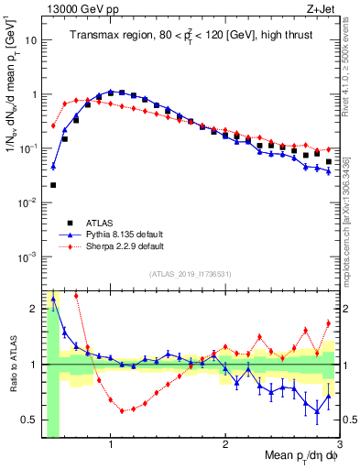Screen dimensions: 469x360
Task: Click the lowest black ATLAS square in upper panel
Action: tap(53, 185)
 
